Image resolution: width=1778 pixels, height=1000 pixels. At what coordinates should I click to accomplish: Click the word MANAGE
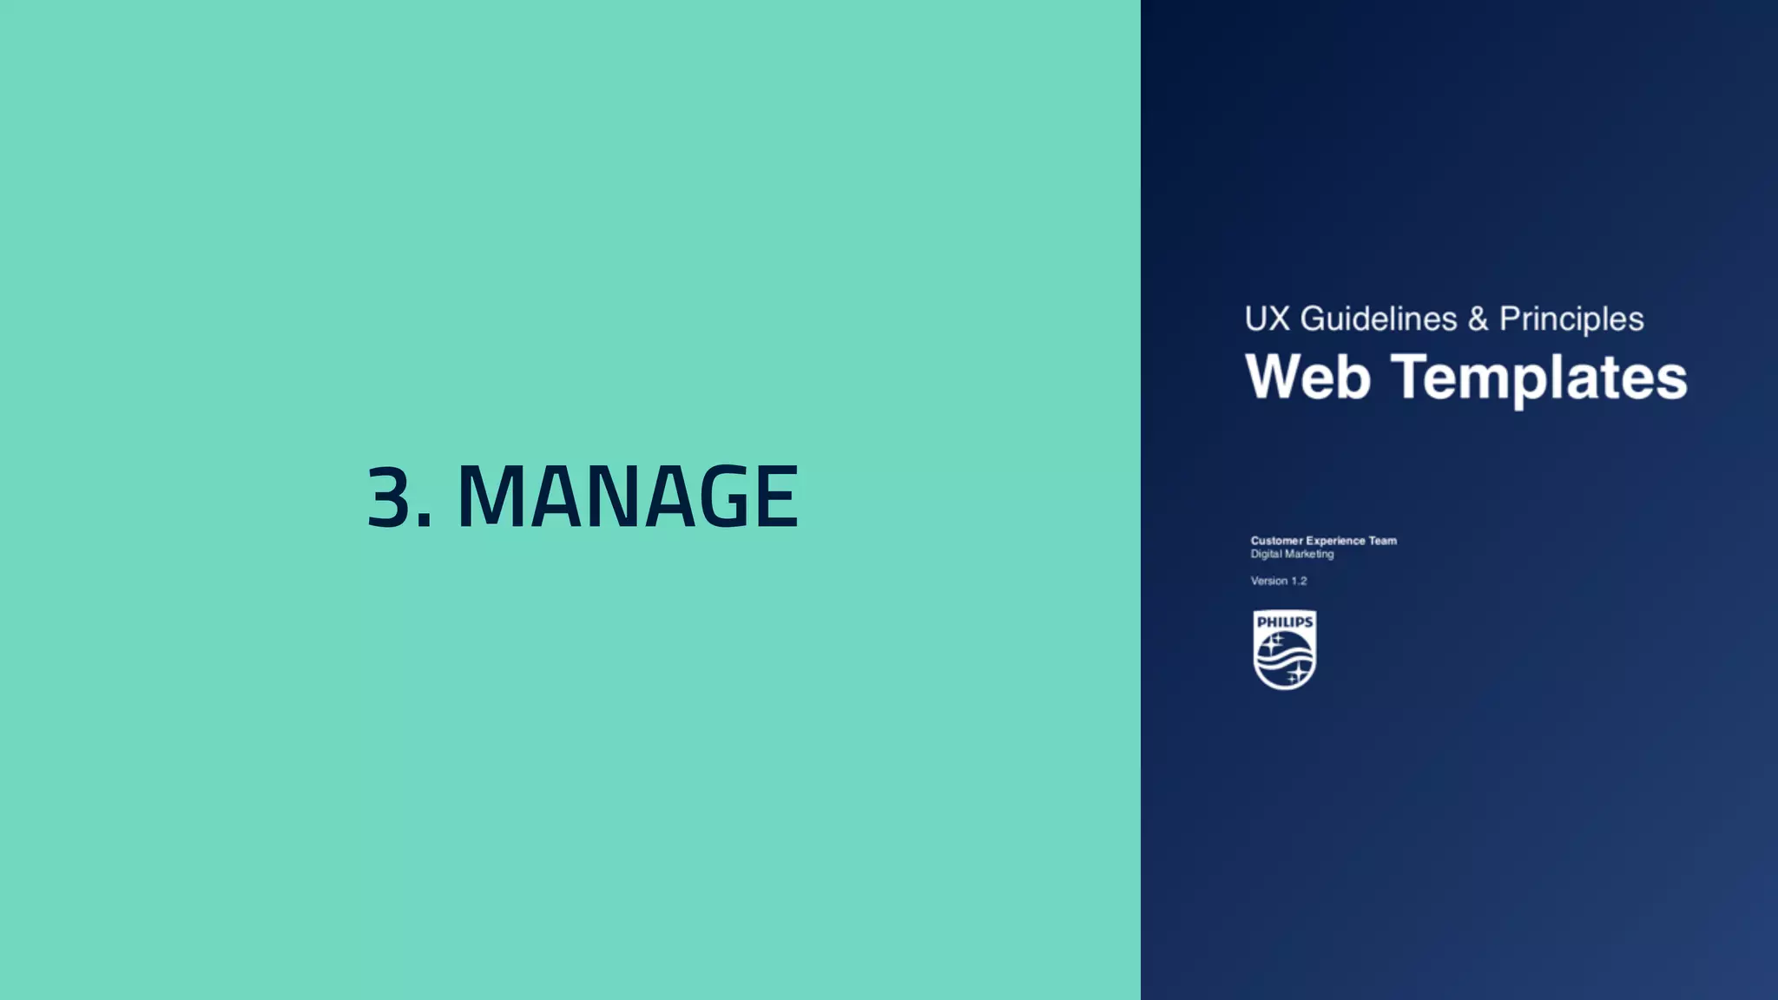[627, 497]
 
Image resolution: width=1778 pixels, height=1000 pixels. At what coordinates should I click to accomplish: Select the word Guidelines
[1378, 319]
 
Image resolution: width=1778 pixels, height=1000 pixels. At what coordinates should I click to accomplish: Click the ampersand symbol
[1478, 319]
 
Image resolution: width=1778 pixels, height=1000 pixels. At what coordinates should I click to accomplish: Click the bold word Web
[1307, 378]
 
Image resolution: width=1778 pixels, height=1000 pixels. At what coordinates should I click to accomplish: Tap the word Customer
[1276, 541]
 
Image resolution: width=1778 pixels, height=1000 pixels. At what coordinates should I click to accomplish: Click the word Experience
[1335, 541]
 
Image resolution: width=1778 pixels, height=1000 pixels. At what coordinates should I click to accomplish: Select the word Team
[1383, 541]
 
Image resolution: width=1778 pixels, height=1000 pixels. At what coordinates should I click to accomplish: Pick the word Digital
[1266, 554]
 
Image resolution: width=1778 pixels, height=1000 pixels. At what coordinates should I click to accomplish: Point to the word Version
[1268, 581]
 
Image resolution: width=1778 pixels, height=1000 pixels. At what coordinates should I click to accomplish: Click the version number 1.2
[1299, 581]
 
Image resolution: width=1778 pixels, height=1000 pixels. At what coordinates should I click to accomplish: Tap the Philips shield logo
[1285, 650]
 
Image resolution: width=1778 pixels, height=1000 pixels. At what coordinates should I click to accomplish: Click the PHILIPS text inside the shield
[1285, 622]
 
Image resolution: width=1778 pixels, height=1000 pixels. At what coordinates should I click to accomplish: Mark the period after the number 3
[424, 520]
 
